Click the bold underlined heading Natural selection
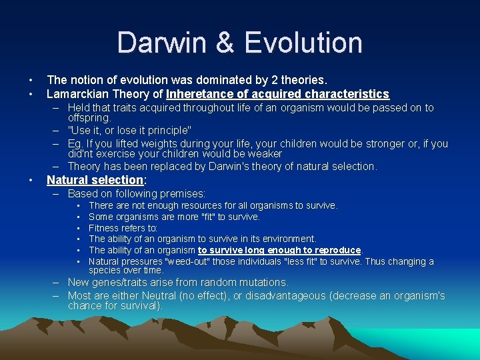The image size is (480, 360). (x=95, y=180)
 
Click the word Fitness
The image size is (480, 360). (x=104, y=228)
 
